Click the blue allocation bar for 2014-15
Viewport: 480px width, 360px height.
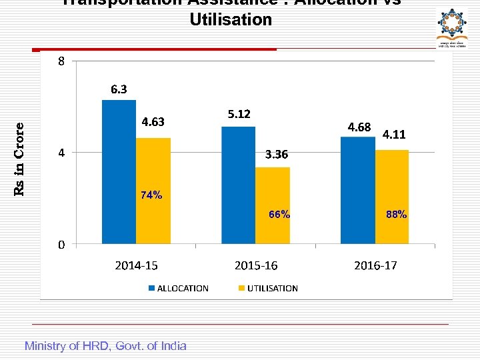[119, 171]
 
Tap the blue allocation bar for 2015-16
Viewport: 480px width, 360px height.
[238, 185]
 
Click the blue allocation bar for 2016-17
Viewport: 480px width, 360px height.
[357, 190]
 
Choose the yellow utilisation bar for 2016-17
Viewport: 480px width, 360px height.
[392, 197]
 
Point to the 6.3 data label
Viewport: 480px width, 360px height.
[119, 89]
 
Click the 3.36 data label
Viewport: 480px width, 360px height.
[277, 155]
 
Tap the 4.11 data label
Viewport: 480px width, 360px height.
[394, 135]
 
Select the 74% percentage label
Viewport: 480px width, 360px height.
[151, 195]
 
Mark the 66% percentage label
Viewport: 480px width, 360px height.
[279, 215]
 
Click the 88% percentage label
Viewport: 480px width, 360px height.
[396, 215]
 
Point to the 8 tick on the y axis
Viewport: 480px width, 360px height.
[61, 62]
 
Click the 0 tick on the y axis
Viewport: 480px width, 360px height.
[61, 245]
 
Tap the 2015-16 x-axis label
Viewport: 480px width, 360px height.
[256, 265]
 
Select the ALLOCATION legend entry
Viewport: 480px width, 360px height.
[178, 288]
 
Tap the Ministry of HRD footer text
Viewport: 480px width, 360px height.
[105, 345]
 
